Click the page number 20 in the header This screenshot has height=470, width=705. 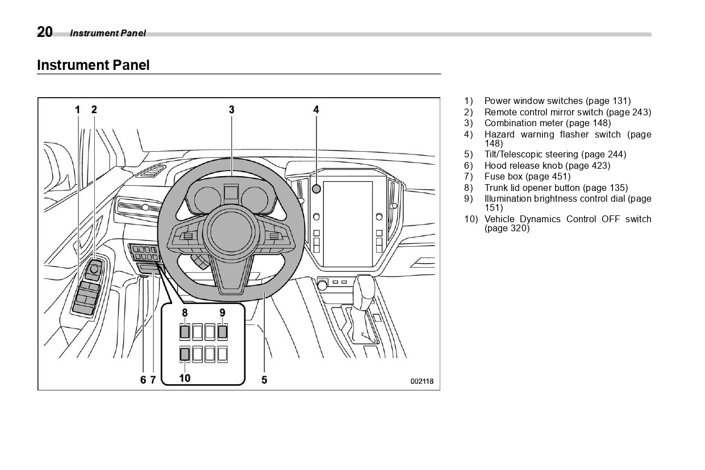[x=45, y=32]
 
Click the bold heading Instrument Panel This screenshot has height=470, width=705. [x=93, y=65]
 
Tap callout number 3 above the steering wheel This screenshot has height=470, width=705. [x=232, y=110]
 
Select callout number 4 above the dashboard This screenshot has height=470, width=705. [x=316, y=110]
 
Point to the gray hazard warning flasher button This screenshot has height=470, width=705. [x=316, y=189]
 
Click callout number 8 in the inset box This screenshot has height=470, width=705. [x=185, y=313]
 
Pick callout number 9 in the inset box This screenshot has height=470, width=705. [x=222, y=313]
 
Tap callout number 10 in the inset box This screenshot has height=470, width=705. [x=185, y=377]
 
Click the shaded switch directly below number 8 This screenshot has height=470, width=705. [x=185, y=332]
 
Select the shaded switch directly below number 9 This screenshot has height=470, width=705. [x=222, y=332]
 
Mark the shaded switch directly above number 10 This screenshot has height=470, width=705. [x=185, y=355]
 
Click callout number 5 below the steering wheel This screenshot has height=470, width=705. [x=264, y=380]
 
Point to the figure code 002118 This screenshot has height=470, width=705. [x=422, y=381]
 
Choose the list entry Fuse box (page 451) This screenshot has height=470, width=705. [x=527, y=177]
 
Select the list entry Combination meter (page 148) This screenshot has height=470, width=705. [x=547, y=123]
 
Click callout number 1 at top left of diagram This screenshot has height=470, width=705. [x=78, y=110]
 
